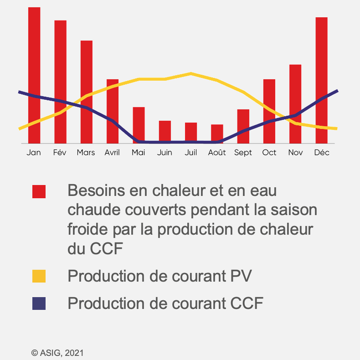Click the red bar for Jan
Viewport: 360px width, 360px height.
click(x=34, y=75)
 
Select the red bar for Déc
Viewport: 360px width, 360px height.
click(x=322, y=80)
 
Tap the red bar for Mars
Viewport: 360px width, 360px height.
click(x=87, y=92)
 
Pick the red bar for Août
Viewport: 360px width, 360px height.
click(x=217, y=134)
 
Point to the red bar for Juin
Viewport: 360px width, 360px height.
click(x=165, y=132)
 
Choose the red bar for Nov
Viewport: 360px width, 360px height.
click(x=295, y=104)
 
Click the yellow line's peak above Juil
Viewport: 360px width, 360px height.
click(x=191, y=74)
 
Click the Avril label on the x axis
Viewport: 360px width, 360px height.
click(x=112, y=152)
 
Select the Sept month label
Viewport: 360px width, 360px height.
click(x=243, y=153)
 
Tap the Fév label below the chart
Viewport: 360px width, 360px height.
click(x=60, y=152)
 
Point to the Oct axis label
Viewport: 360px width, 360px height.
click(x=269, y=152)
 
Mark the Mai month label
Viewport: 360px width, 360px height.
click(x=138, y=152)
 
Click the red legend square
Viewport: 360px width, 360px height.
click(x=39, y=191)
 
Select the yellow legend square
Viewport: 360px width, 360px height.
click(x=39, y=276)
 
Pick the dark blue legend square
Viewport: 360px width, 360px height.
click(x=39, y=304)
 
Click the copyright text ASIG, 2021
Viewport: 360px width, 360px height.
click(x=62, y=353)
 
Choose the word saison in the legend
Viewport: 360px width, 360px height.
click(x=294, y=210)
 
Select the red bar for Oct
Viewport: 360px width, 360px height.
click(x=269, y=112)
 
